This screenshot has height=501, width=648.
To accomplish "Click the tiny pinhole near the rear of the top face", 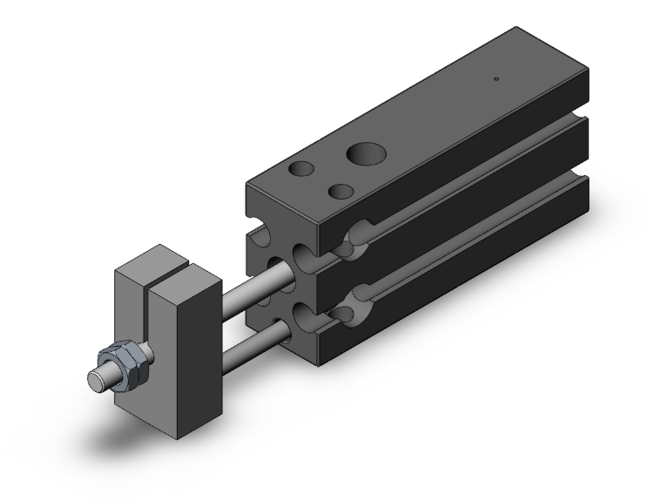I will coord(496,79).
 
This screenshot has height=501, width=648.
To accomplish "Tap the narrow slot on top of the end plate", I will coord(174,261).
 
